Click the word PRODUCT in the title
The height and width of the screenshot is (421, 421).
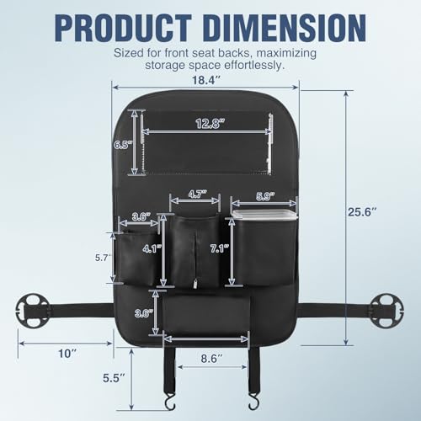[x=124, y=29]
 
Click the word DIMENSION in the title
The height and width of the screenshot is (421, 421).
[x=285, y=29]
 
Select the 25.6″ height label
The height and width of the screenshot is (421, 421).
[x=362, y=212]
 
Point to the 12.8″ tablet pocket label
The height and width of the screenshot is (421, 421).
[x=210, y=124]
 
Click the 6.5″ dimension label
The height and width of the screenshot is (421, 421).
[x=123, y=145]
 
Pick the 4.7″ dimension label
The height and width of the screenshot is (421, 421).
[x=198, y=194]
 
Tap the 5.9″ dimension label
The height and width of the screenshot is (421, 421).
[x=265, y=196]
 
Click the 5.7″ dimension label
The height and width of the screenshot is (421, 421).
[x=102, y=258]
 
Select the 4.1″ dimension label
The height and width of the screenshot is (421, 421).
[x=152, y=248]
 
